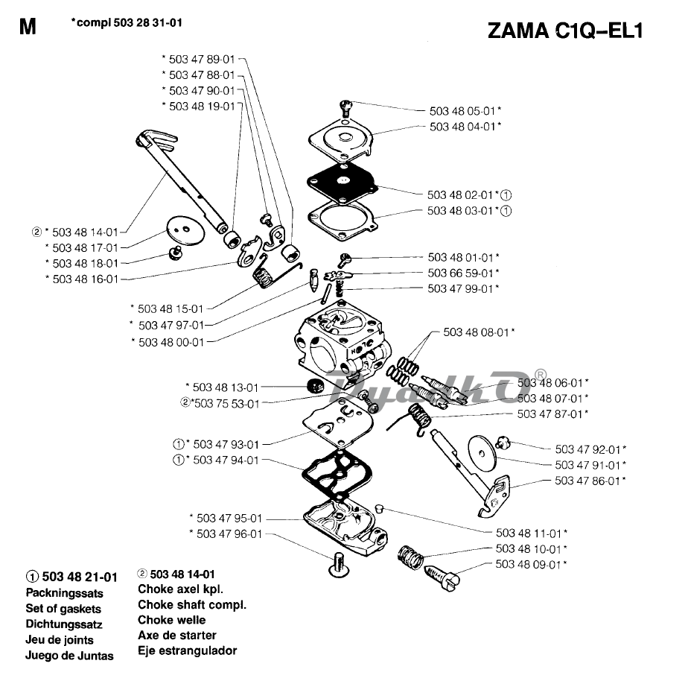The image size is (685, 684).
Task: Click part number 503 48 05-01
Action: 461,111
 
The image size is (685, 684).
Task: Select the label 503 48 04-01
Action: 461,127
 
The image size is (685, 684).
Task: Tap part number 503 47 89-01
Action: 201,59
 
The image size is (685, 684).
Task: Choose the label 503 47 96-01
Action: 229,533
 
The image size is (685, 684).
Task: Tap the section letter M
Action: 28,28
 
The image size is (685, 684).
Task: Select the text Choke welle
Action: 172,620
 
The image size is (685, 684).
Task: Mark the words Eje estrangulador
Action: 188,650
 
